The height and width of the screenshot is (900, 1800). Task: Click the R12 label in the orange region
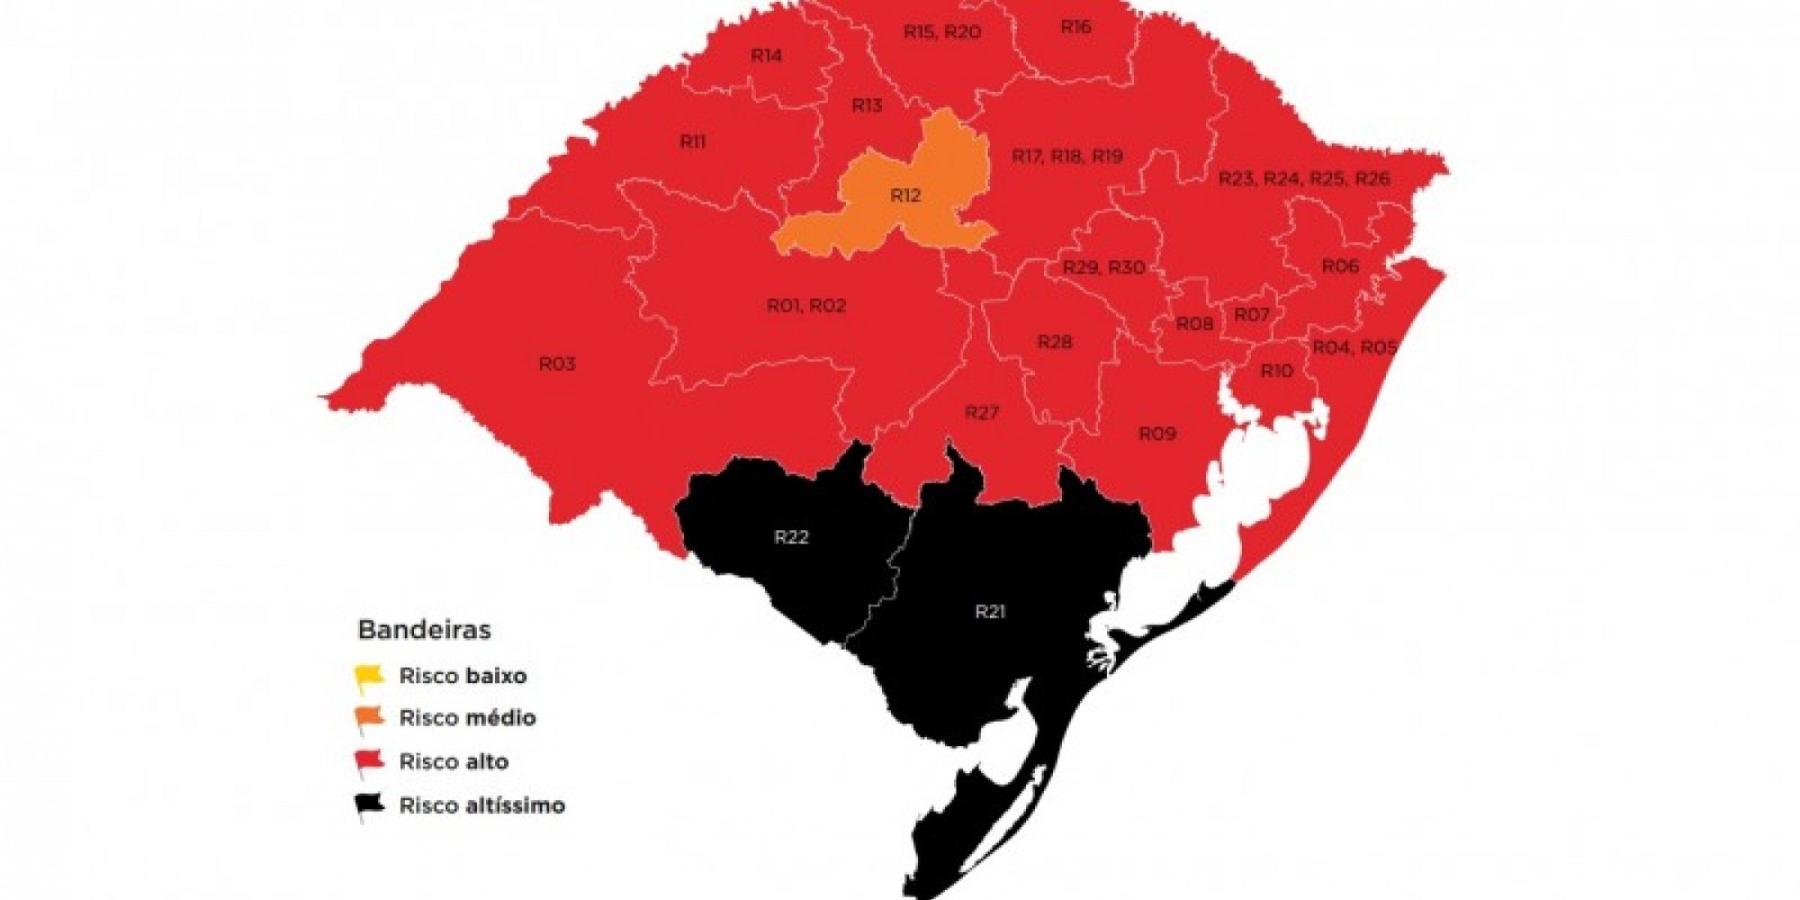tap(905, 195)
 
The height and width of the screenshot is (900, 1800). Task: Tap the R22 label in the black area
tap(791, 537)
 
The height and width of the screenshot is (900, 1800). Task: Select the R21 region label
tap(989, 612)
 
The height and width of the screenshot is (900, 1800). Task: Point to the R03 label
tap(557, 364)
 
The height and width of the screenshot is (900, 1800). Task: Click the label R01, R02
tap(806, 306)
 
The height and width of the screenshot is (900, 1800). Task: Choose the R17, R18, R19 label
tap(1067, 157)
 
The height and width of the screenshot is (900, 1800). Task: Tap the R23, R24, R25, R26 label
tap(1304, 178)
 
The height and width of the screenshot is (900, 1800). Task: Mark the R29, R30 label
tap(1103, 267)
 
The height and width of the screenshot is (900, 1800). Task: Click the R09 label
tap(1157, 434)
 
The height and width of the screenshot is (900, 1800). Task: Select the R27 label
tap(982, 412)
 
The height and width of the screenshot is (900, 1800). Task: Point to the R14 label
tap(766, 56)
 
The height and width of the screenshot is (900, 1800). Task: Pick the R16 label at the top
tap(1075, 27)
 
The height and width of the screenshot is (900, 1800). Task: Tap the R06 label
tap(1339, 265)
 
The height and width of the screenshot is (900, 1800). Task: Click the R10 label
tap(1276, 371)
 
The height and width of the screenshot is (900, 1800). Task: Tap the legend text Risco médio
tap(467, 718)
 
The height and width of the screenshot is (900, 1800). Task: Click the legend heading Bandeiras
tap(424, 629)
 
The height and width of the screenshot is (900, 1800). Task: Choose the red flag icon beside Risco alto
tap(369, 761)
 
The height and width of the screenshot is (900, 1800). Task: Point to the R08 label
tap(1194, 324)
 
